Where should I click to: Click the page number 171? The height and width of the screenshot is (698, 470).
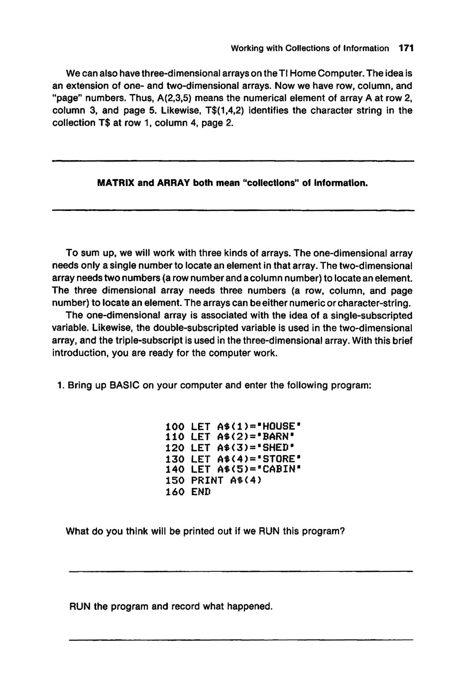click(406, 48)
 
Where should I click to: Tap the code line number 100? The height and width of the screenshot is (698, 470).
click(175, 427)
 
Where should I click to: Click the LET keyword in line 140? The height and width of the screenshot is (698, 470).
click(201, 469)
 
